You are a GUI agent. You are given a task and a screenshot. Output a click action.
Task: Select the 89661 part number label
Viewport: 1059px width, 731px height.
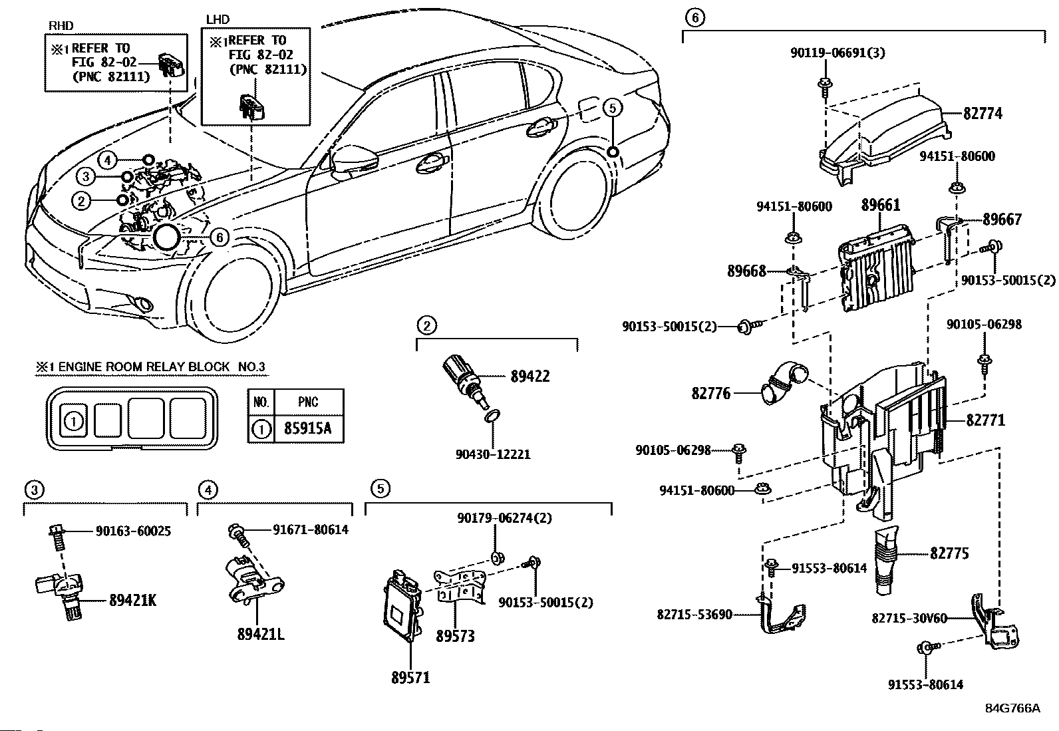pos(881,206)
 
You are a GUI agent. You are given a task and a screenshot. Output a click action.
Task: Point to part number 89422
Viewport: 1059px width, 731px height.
pos(530,376)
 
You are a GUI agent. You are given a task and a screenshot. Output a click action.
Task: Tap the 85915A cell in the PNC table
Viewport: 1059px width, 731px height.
pos(307,428)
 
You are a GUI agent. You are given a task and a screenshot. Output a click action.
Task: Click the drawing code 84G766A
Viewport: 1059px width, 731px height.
pos(1012,708)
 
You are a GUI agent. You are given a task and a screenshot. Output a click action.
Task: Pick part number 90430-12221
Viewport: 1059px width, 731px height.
pos(493,454)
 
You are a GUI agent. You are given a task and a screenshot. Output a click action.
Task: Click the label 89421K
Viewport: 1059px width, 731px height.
pos(132,601)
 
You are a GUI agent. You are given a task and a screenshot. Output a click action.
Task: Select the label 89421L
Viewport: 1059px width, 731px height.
pos(261,634)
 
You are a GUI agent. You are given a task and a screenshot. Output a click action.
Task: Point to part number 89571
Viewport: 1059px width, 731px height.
pos(410,678)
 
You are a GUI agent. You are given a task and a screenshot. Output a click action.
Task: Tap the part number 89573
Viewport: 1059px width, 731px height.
pos(456,637)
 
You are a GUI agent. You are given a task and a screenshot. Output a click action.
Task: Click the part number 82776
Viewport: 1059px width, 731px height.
pos(710,394)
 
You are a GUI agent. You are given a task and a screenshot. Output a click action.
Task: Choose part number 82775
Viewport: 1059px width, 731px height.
pos(949,553)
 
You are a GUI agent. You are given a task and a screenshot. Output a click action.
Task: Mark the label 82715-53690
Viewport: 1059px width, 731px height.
pos(694,615)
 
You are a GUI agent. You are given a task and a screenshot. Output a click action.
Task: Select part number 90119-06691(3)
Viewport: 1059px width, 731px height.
pos(838,53)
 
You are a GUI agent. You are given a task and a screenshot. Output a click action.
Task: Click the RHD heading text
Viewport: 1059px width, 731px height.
pos(61,26)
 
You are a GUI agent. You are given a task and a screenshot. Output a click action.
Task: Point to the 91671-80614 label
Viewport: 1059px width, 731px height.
pos(310,530)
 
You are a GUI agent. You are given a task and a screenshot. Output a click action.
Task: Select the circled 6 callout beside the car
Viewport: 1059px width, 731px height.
pos(220,237)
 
